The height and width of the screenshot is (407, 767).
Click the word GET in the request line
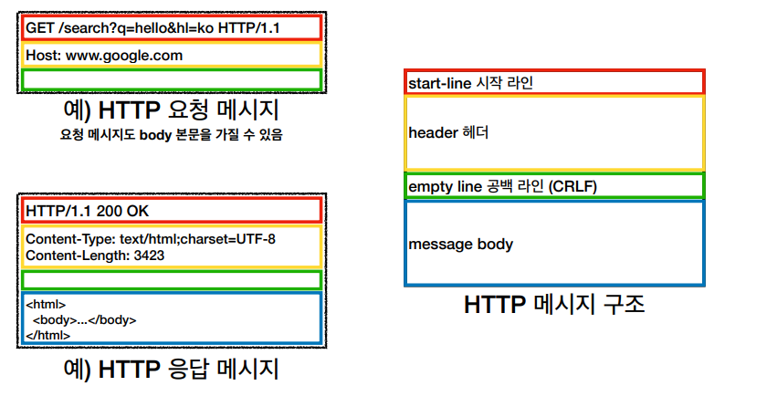click(x=39, y=27)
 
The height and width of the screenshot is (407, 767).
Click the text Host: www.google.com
click(x=104, y=55)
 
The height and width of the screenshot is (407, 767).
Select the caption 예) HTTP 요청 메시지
click(x=170, y=111)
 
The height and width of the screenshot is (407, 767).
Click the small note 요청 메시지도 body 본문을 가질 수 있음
click(x=171, y=135)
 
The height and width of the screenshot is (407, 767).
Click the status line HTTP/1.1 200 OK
click(x=88, y=211)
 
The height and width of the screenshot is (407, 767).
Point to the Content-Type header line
click(x=151, y=240)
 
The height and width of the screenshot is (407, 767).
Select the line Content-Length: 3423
click(x=88, y=255)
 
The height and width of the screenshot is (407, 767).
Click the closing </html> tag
click(x=47, y=335)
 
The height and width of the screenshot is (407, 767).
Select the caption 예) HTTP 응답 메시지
click(x=170, y=370)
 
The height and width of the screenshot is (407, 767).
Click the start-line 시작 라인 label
click(x=470, y=82)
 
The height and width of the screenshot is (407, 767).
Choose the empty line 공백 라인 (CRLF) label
click(x=502, y=186)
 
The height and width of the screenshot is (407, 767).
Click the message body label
click(x=460, y=244)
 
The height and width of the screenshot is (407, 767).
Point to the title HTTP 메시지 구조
click(x=554, y=304)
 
